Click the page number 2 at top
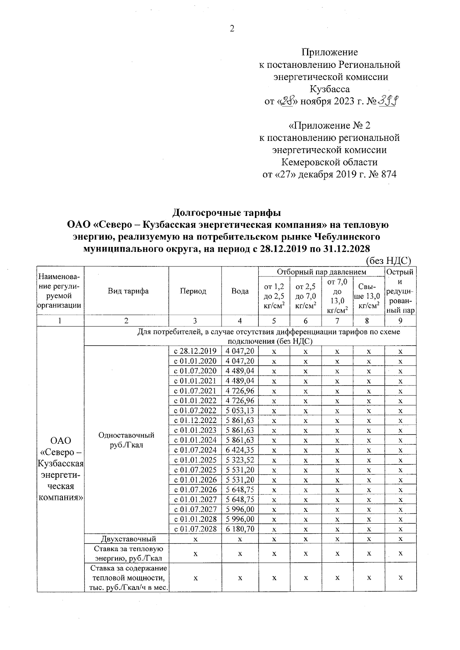click(232, 28)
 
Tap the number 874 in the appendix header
click(389, 175)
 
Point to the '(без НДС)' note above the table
click(388, 261)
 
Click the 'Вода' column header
click(240, 291)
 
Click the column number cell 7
click(337, 321)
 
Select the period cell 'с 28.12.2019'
click(195, 351)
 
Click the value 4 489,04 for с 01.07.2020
click(240, 371)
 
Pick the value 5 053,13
click(240, 410)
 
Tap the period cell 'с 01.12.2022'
click(195, 420)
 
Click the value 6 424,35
click(240, 450)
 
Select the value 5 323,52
click(240, 460)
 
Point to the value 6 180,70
click(240, 529)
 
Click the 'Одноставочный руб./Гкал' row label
click(127, 440)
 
